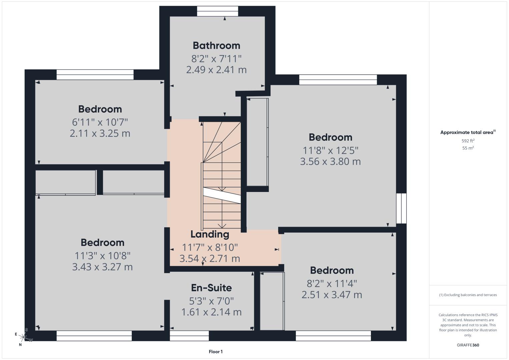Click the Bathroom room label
point(216,46)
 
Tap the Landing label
point(210,234)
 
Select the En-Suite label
point(211,288)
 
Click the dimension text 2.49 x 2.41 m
point(216,70)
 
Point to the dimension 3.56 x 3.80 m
point(331,161)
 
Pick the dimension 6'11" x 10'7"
point(100,122)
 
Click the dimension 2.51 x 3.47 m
point(332,295)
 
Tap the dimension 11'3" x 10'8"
point(102,256)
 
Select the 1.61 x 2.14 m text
point(211,312)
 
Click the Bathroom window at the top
point(217,11)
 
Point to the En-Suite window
point(189,336)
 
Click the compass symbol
point(23,337)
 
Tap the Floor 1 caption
point(216,352)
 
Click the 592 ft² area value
point(468,141)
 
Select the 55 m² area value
point(468,148)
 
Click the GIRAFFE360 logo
point(468,345)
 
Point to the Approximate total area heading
point(468,132)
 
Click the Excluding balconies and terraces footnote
point(468,295)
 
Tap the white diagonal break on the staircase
point(222,195)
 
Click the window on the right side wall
point(401,208)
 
